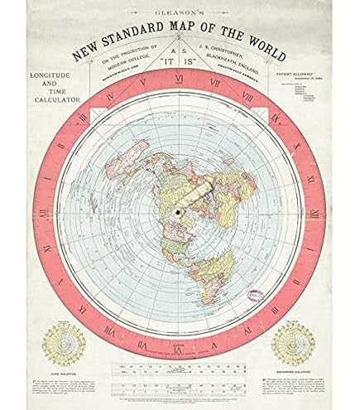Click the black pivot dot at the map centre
(x=179, y=212)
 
